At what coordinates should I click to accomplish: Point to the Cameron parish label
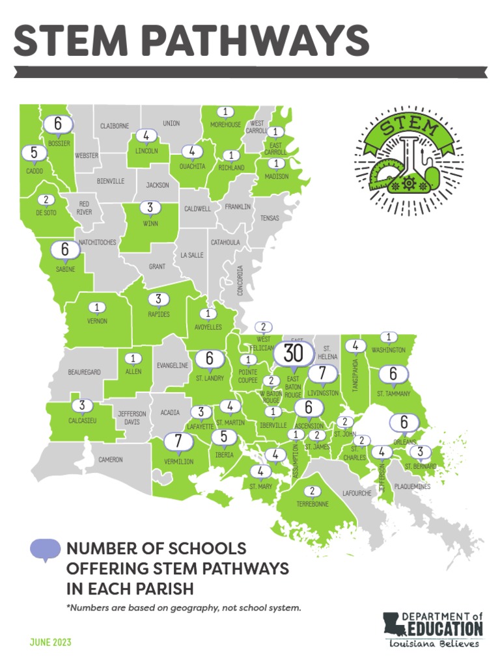[110, 460]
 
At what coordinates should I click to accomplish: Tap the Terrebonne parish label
[312, 504]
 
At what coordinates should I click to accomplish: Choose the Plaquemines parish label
[412, 486]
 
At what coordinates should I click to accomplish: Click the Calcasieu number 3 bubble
[82, 405]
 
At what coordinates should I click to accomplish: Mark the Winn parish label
[150, 223]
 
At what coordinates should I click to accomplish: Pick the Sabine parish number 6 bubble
[64, 250]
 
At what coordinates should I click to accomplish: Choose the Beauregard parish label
[84, 372]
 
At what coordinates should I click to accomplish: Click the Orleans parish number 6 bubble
[404, 423]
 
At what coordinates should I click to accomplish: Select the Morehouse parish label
[226, 125]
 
